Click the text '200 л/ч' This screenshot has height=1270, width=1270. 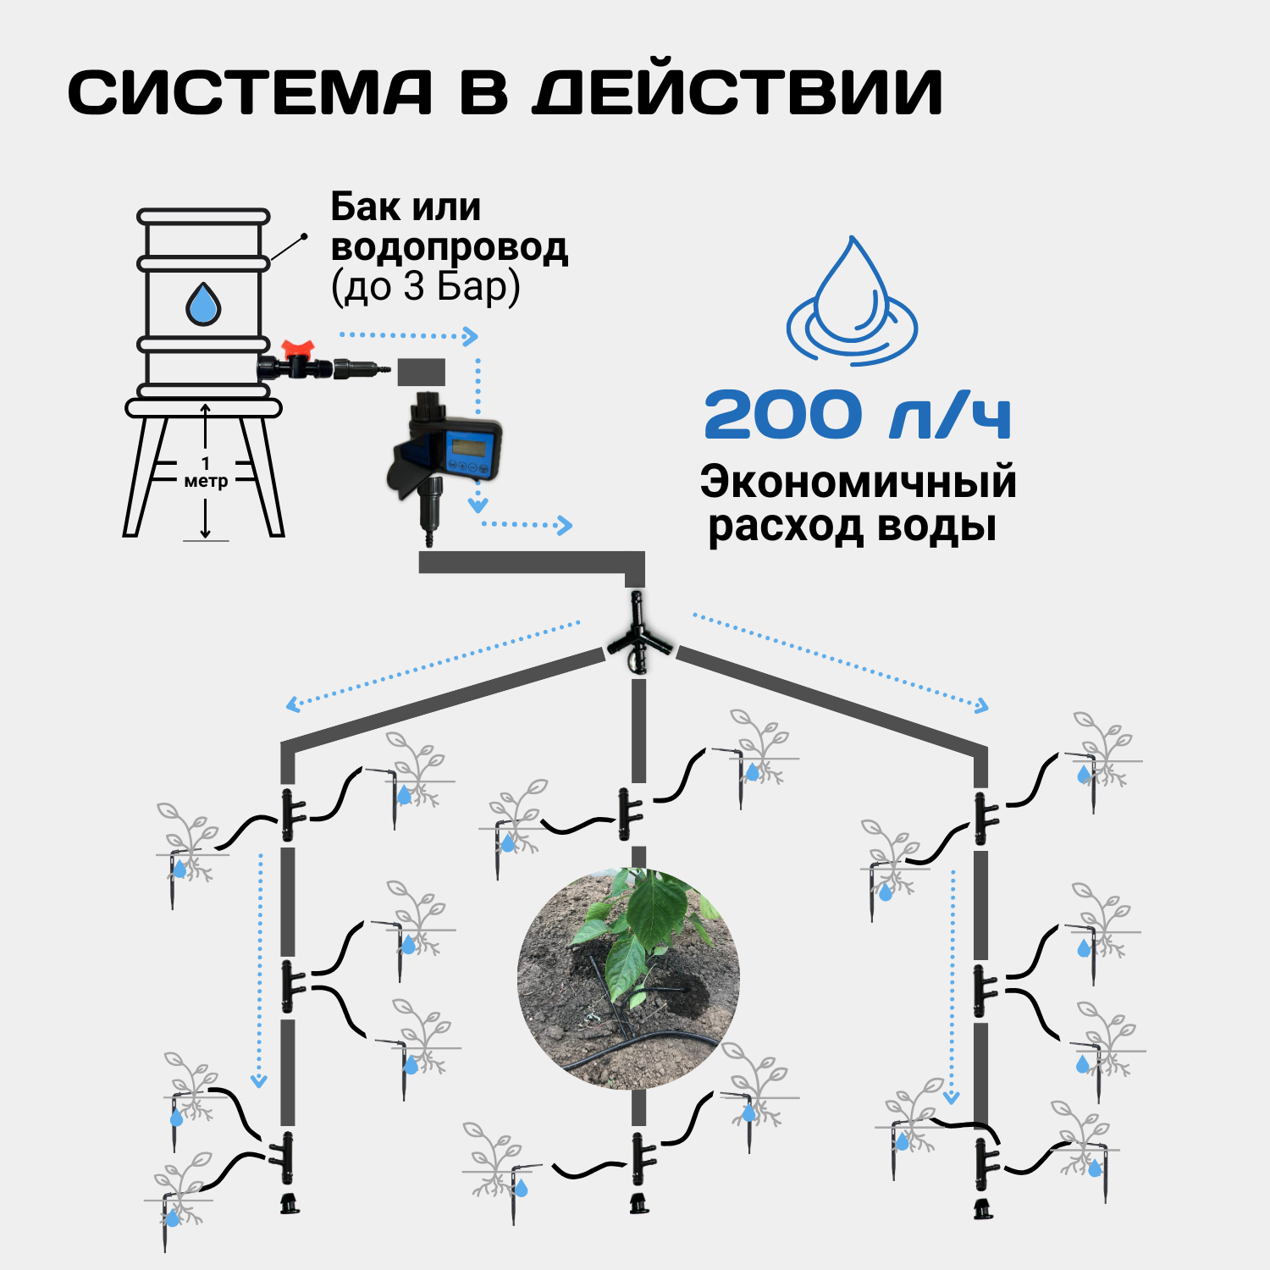click(x=857, y=415)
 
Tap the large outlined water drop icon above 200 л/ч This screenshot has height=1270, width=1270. click(x=852, y=301)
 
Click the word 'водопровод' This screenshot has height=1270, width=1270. click(x=449, y=247)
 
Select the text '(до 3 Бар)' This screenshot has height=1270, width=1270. click(x=425, y=286)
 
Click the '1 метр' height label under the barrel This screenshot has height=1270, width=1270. click(x=206, y=473)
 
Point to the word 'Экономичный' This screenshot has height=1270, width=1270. click(x=858, y=482)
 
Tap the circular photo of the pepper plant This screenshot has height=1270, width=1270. click(x=628, y=978)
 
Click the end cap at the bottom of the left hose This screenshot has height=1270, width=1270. click(x=290, y=1202)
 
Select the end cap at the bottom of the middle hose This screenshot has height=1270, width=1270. click(x=639, y=1202)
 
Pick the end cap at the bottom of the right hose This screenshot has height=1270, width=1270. click(x=982, y=1208)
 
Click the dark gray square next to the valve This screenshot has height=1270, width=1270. click(x=422, y=372)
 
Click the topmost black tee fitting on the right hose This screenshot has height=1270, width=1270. click(x=982, y=817)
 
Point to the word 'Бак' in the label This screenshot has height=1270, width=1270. click(x=361, y=207)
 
